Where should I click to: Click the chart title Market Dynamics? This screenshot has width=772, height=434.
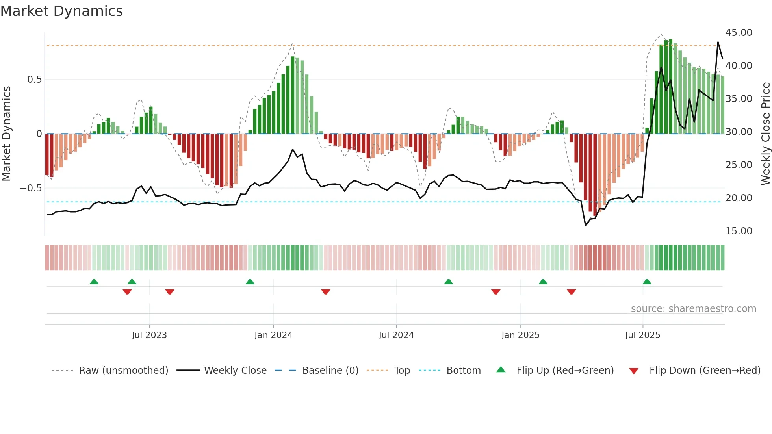point(62,11)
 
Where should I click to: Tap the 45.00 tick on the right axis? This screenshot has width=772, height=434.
point(739,33)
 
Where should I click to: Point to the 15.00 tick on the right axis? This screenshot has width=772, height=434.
point(739,231)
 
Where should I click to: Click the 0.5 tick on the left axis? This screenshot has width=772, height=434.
point(34,80)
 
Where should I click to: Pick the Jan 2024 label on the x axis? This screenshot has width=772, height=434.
point(273,335)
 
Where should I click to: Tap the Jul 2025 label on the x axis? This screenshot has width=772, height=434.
point(642,335)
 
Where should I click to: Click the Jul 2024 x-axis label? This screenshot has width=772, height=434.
point(396,335)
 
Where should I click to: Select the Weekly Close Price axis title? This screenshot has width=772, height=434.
point(765,134)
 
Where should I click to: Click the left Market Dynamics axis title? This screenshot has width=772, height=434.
point(6,134)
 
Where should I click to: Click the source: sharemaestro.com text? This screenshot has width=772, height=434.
point(693,309)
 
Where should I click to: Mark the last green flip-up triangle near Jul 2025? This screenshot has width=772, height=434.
point(647,282)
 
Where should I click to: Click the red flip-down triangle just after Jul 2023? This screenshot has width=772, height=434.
point(170,292)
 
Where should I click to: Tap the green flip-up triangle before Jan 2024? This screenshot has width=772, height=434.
point(250,282)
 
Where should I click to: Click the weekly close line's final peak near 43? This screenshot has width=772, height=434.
point(718,43)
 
